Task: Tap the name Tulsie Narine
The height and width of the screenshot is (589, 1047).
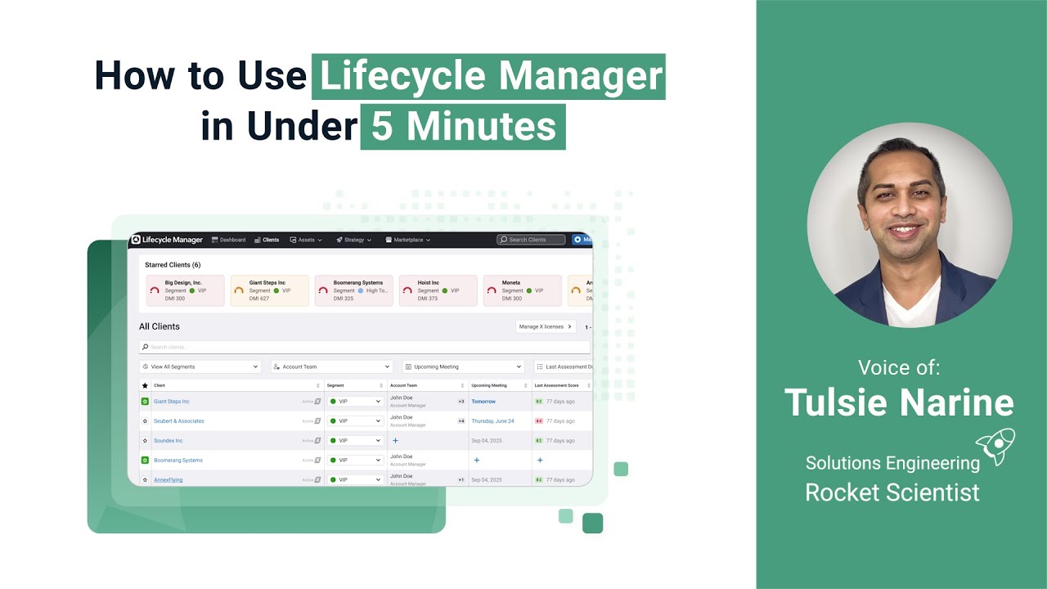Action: (899, 402)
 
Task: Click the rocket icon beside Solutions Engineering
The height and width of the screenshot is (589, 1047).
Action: (997, 447)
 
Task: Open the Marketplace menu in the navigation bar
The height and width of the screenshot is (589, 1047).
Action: (407, 240)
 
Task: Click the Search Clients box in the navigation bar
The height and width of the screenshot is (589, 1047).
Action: (532, 240)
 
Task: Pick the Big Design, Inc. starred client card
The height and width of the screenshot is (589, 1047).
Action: (185, 290)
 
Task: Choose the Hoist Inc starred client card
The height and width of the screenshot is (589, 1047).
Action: (438, 290)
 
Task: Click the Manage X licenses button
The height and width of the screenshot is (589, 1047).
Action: (545, 326)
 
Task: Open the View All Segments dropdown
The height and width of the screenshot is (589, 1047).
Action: (200, 366)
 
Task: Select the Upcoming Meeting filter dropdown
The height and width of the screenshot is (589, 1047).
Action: (463, 366)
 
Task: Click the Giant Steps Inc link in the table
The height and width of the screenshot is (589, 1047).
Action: (172, 402)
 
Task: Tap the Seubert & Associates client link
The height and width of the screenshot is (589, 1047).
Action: (179, 421)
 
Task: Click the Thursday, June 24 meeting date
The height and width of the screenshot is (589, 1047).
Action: (492, 421)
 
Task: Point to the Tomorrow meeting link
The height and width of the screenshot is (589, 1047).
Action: (483, 402)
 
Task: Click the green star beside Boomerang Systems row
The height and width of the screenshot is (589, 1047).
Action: (145, 461)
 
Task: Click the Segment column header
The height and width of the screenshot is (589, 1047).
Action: (335, 385)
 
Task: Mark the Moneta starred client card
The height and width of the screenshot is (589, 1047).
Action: (522, 290)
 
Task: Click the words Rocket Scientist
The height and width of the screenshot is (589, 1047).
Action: (892, 492)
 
